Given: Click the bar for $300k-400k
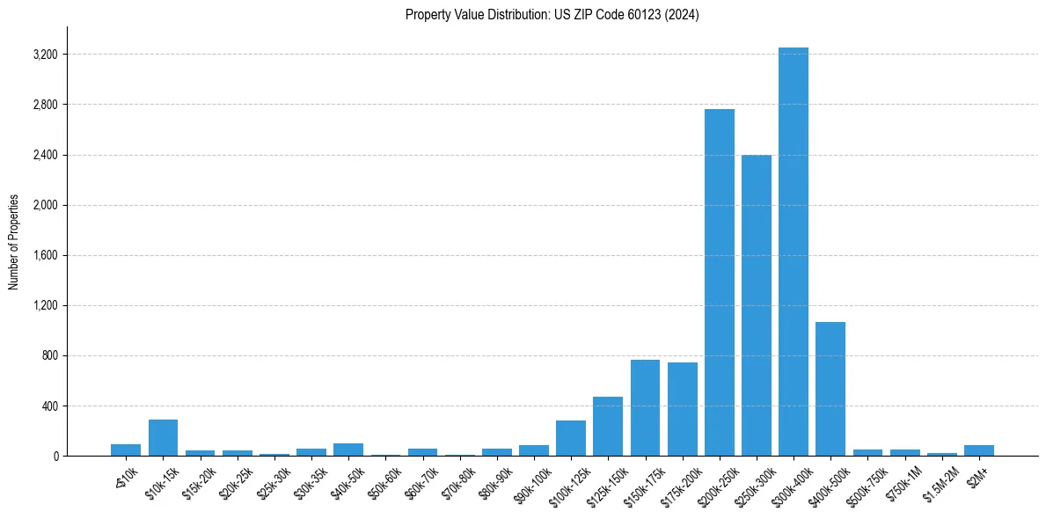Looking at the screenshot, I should [793, 252].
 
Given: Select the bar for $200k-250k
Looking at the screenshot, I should [719, 282].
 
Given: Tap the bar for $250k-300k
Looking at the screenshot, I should [756, 305].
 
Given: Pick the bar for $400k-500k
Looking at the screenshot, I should [830, 389].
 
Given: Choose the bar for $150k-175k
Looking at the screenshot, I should [645, 408].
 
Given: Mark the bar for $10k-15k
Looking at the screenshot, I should [163, 438].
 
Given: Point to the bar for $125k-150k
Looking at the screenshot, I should [608, 427].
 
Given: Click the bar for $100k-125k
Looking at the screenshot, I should [571, 438].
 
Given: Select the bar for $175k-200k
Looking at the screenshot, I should [682, 409].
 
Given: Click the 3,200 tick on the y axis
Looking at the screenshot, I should [44, 55].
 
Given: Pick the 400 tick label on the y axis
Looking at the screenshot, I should [49, 406].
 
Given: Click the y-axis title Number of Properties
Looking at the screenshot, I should [13, 242].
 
